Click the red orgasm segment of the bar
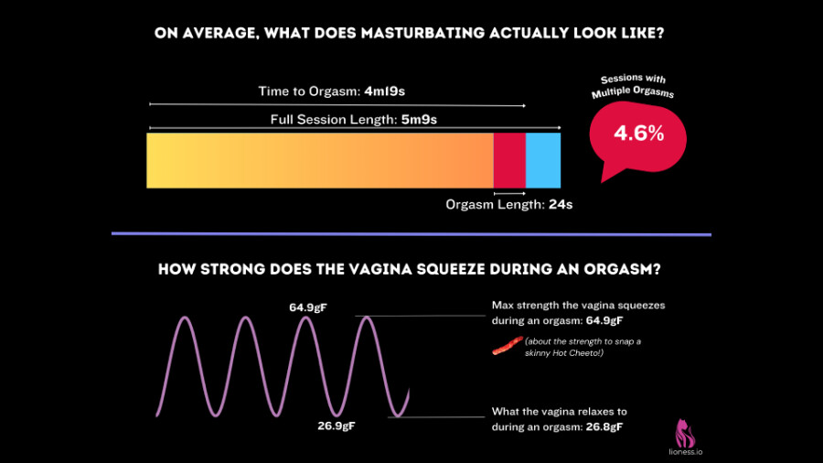(509, 160)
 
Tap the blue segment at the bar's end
(543, 160)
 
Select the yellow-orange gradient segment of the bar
(320, 160)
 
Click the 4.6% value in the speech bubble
(638, 133)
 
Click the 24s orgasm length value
(561, 205)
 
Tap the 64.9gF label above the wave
(308, 307)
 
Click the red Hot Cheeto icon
(505, 346)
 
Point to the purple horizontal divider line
(411, 234)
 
